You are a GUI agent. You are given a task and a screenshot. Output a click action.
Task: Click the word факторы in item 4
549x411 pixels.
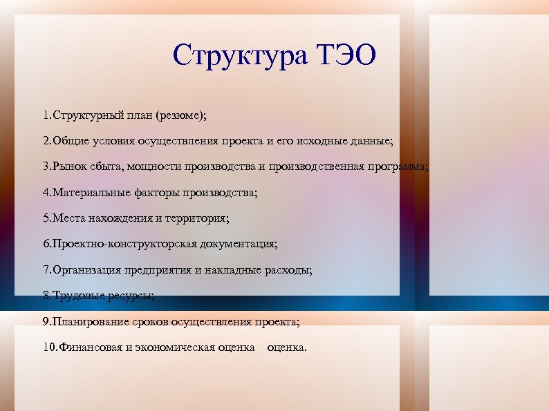(x=156, y=193)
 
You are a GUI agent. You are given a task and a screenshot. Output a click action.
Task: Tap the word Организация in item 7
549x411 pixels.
(x=86, y=270)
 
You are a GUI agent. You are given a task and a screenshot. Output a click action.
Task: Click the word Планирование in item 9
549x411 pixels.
(x=87, y=322)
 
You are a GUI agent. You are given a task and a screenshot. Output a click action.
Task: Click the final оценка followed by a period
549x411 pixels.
(x=286, y=347)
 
